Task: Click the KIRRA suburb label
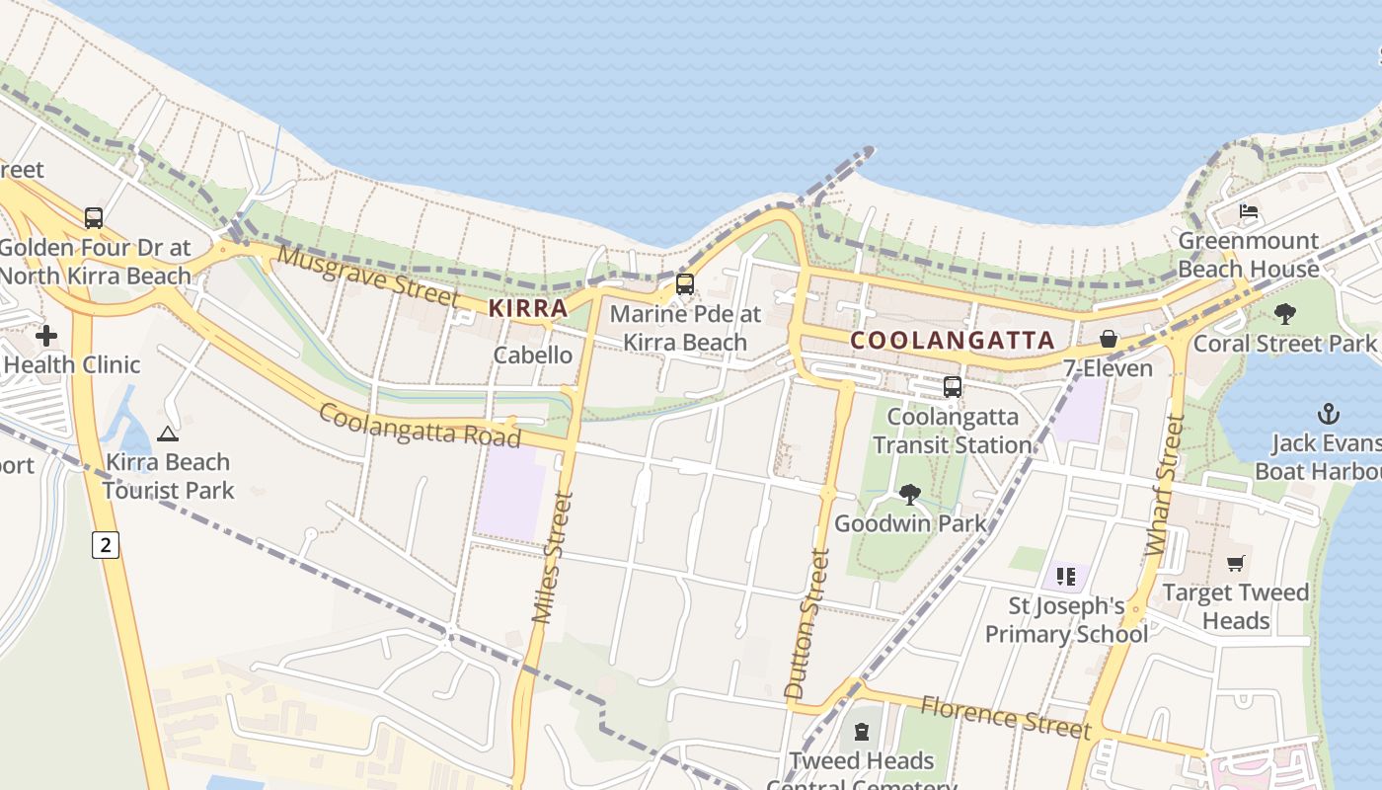click(528, 308)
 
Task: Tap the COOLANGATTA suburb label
click(953, 341)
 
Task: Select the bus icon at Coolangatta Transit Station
click(952, 387)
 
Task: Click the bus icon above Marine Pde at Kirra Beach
click(684, 284)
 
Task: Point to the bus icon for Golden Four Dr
click(94, 217)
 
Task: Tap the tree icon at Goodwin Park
click(910, 494)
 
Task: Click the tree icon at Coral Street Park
click(1284, 314)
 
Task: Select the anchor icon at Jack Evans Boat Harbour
click(1329, 414)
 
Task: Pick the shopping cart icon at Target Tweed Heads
click(1235, 563)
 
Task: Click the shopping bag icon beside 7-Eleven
click(1109, 339)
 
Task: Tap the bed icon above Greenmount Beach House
click(1249, 211)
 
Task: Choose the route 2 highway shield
click(106, 544)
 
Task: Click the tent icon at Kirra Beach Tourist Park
click(168, 433)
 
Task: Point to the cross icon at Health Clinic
click(46, 336)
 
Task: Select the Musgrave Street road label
click(368, 277)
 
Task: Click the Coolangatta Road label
click(419, 425)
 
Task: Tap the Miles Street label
click(552, 558)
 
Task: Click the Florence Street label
click(1005, 717)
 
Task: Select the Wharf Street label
click(1165, 484)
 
